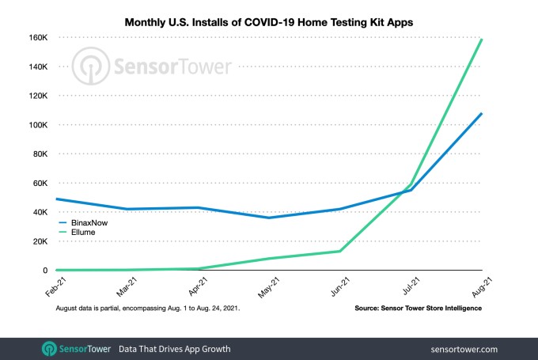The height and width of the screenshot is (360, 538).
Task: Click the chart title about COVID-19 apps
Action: [x=269, y=22]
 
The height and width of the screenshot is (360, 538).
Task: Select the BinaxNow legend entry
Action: [x=83, y=223]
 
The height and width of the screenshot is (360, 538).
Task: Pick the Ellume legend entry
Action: [x=78, y=233]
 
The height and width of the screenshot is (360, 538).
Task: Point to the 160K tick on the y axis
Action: [x=38, y=37]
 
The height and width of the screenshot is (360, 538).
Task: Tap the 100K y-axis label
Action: [x=38, y=125]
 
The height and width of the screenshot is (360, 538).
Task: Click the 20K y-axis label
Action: [x=40, y=241]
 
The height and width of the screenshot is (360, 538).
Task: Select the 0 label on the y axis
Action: [x=45, y=271]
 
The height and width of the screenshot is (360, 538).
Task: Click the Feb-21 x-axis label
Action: [x=55, y=287]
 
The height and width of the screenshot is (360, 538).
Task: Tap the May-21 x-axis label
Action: [x=269, y=287]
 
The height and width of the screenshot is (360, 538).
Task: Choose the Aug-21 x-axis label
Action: [x=482, y=287]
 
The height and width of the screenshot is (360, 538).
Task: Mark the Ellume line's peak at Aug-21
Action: [x=482, y=40]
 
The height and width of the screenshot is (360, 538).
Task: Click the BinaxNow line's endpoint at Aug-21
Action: [x=482, y=114]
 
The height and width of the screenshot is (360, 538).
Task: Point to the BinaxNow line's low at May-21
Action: [x=269, y=218]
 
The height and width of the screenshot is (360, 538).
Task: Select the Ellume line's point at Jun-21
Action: [x=339, y=252]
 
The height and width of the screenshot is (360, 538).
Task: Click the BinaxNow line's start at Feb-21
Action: [x=57, y=199]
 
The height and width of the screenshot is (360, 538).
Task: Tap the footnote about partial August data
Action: [x=148, y=309]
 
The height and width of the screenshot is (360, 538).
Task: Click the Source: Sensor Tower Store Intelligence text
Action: [x=419, y=309]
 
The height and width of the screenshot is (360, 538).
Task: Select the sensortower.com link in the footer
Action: [x=464, y=350]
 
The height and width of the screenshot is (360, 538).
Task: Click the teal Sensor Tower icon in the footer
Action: [x=49, y=349]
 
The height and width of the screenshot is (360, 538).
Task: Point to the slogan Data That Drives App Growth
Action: [x=175, y=349]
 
